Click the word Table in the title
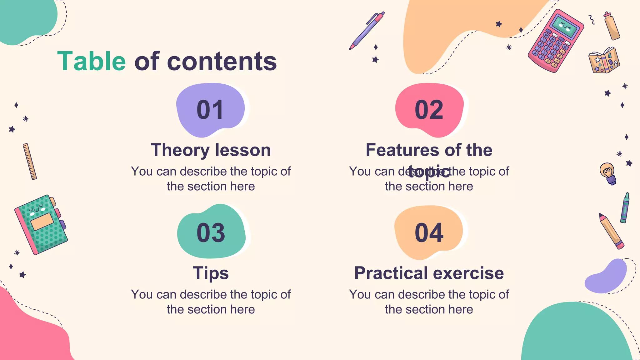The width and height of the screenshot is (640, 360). tap(92, 61)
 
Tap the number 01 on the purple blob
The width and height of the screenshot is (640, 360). tap(210, 110)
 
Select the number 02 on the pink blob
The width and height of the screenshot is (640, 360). tap(429, 110)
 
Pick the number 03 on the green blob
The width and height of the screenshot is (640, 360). tap(211, 233)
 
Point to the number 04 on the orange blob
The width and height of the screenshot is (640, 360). tap(429, 233)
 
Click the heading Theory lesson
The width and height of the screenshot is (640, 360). tap(211, 150)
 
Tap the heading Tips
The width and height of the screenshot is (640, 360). tap(211, 273)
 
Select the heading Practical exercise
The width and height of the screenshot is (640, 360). tap(429, 273)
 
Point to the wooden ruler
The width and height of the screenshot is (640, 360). tap(30, 162)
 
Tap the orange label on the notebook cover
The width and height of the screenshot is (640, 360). tap(42, 222)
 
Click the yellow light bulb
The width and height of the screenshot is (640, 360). tap(608, 173)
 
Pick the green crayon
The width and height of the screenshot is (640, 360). tap(625, 208)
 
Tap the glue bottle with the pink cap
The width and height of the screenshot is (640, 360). tap(612, 27)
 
